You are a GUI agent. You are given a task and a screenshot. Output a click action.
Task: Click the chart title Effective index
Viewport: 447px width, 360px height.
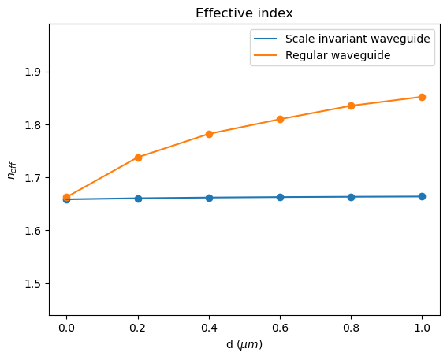point(244,13)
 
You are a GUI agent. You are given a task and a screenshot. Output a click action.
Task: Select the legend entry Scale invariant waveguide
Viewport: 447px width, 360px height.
point(358,39)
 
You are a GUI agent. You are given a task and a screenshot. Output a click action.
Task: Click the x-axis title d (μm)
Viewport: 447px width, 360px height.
point(244,346)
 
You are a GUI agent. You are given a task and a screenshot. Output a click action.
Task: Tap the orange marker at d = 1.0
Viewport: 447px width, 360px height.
point(422,97)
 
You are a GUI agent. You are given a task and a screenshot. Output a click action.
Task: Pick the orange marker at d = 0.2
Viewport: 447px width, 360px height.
point(138,158)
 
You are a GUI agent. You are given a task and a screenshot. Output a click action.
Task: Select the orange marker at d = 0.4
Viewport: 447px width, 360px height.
point(209,134)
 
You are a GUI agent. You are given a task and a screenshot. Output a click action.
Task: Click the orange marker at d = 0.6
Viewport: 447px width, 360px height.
point(280,119)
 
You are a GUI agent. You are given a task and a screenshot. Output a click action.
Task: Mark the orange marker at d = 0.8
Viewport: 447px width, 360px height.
point(351,106)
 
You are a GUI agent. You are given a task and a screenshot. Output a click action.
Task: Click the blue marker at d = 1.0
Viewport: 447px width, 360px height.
point(422,196)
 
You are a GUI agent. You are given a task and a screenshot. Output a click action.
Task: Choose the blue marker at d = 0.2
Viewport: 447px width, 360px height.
point(138,199)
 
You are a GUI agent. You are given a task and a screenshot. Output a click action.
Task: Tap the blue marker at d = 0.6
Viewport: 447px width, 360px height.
point(280,197)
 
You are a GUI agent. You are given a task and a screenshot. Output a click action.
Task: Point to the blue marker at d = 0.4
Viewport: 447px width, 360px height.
point(209,198)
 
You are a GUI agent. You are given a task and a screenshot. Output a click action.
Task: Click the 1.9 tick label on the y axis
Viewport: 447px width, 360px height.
point(34,72)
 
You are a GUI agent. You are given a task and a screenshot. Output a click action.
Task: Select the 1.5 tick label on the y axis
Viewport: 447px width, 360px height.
point(34,284)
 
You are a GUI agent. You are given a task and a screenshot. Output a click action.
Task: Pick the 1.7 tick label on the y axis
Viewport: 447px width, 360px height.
point(34,178)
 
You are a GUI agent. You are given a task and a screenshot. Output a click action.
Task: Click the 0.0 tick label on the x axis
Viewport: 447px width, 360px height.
point(67,328)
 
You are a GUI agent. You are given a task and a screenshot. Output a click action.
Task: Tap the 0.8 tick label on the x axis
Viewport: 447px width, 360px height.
point(351,328)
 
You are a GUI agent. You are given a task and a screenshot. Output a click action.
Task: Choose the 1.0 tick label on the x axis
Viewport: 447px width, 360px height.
point(422,328)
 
